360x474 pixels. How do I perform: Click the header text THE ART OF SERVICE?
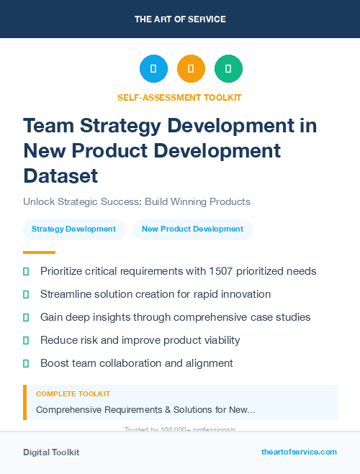[180, 19]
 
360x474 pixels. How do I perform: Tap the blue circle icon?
[153, 69]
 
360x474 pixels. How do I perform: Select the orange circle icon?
[191, 69]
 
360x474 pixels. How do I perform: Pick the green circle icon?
[228, 69]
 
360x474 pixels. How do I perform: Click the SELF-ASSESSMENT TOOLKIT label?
[180, 97]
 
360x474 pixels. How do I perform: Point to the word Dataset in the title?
[60, 176]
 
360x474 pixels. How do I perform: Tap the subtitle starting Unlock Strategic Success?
[136, 201]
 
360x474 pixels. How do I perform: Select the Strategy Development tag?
[74, 229]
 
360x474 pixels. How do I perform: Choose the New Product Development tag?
[192, 229]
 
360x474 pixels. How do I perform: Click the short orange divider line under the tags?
[39, 252]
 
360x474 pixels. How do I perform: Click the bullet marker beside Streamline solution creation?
[26, 294]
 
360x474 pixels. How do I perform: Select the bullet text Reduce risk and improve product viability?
[140, 340]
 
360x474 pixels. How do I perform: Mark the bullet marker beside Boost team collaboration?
[26, 363]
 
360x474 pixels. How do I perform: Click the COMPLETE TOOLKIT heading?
[73, 394]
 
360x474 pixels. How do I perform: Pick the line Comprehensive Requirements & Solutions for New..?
[145, 409]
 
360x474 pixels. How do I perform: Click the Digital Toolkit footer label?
[51, 452]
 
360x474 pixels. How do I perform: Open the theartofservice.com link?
[299, 452]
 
